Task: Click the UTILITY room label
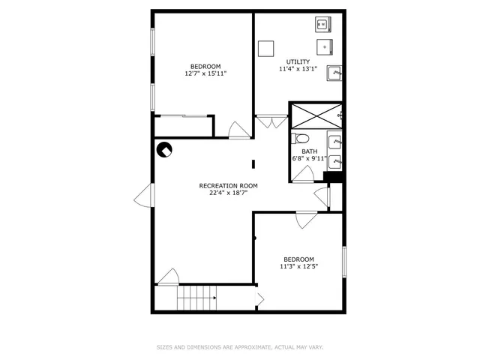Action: [298, 61]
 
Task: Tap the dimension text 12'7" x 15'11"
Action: [205, 73]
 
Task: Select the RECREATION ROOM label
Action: [228, 185]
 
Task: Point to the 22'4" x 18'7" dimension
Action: [228, 193]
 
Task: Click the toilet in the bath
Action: [301, 138]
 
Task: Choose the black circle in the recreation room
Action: [164, 149]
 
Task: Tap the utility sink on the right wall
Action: [335, 73]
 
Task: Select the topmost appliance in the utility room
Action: [322, 25]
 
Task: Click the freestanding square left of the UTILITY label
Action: [265, 48]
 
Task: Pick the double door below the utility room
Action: [271, 119]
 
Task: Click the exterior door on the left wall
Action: [143, 196]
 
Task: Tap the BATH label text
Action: [310, 151]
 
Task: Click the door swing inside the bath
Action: [303, 175]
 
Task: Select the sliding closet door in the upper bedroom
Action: [184, 115]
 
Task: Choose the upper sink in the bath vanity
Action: [334, 140]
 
